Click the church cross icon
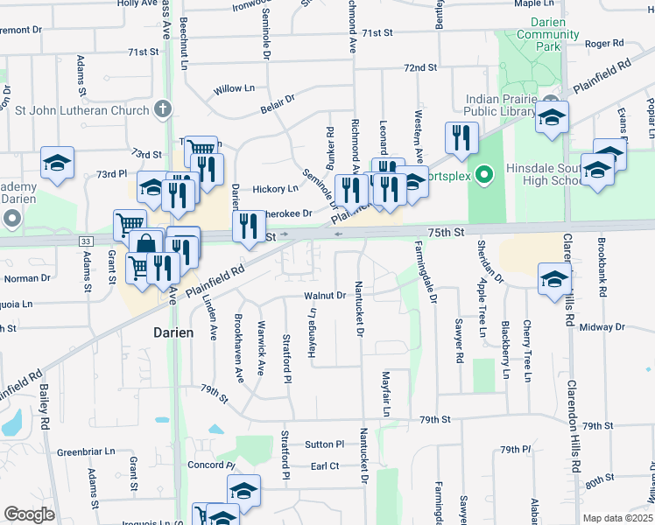(x=162, y=109)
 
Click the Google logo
(x=29, y=514)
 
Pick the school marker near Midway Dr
(x=553, y=280)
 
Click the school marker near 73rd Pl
(x=57, y=163)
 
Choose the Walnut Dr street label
(x=324, y=296)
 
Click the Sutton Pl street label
(x=321, y=444)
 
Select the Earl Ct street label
(x=325, y=466)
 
